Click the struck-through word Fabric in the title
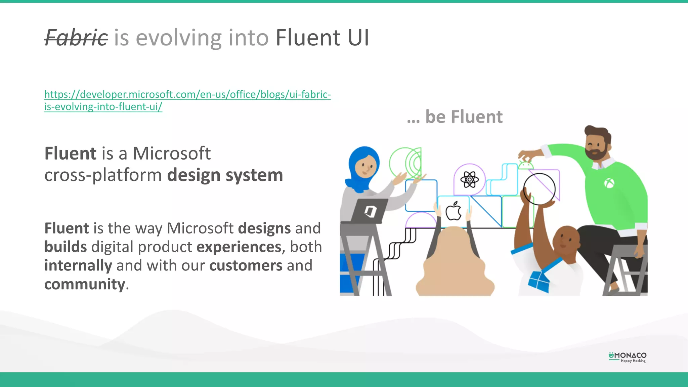coord(76,38)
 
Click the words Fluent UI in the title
coord(322,38)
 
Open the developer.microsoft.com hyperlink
coord(187,100)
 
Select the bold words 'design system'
coord(225,175)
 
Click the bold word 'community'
coord(85,285)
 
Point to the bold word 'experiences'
coord(239,247)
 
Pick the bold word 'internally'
coord(78,266)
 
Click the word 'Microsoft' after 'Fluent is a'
coord(172,154)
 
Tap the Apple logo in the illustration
coord(454,211)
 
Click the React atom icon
coord(469,180)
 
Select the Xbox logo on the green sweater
coord(609,183)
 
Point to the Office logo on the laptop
coord(370,212)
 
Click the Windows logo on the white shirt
coord(539,281)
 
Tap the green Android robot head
coord(526,165)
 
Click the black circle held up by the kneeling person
coord(539,189)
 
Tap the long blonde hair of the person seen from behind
coord(454,262)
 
